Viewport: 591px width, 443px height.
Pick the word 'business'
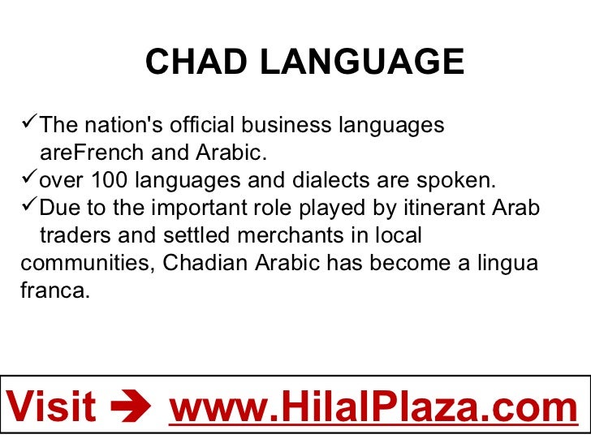pos(286,126)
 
